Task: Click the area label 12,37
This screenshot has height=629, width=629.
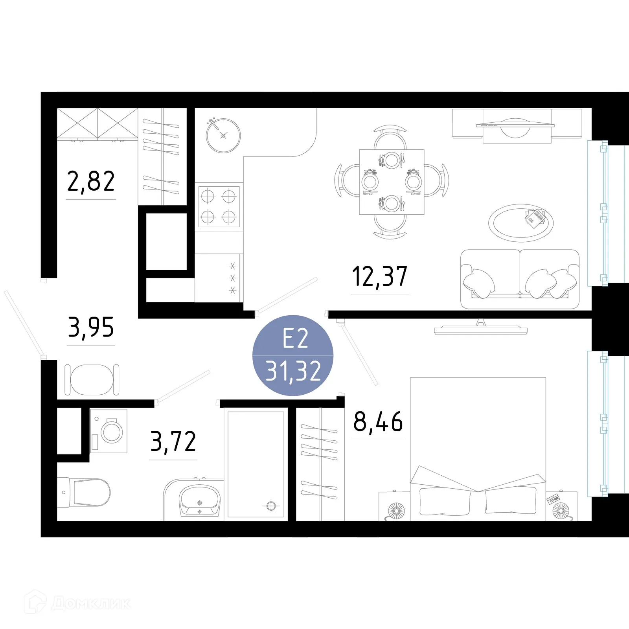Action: [x=379, y=276]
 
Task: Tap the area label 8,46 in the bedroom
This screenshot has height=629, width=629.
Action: [x=378, y=422]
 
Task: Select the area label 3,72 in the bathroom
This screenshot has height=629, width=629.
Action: [x=173, y=441]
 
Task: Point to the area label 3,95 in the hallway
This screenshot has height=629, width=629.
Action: [x=91, y=327]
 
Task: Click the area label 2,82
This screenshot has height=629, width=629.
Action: [x=91, y=181]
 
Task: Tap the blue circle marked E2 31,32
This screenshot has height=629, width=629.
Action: [x=293, y=355]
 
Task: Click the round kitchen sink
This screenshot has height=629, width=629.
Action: [x=223, y=136]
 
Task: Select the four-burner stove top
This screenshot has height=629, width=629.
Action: [x=219, y=207]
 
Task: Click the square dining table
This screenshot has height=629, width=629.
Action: [x=392, y=182]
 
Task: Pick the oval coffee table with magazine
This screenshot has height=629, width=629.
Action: [x=520, y=223]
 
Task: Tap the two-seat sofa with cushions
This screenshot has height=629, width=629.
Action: [x=520, y=279]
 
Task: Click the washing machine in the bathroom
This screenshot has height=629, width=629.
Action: [x=109, y=431]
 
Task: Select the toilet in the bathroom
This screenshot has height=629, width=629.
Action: [x=85, y=492]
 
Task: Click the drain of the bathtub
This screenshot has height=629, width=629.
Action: [x=271, y=506]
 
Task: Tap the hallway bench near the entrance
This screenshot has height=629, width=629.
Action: [x=92, y=380]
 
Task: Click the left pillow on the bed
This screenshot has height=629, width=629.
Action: [x=445, y=501]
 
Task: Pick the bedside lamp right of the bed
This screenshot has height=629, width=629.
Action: [x=560, y=511]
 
